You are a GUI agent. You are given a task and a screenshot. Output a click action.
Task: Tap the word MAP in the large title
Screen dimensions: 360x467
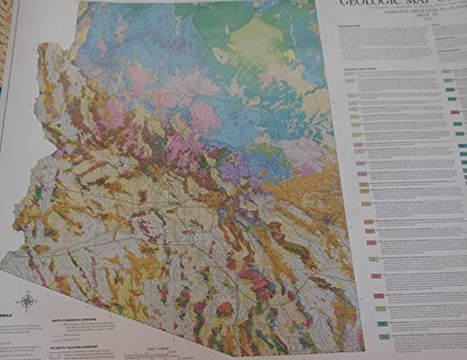(423, 4)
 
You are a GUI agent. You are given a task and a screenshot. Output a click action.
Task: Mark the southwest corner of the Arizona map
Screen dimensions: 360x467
(6, 255)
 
